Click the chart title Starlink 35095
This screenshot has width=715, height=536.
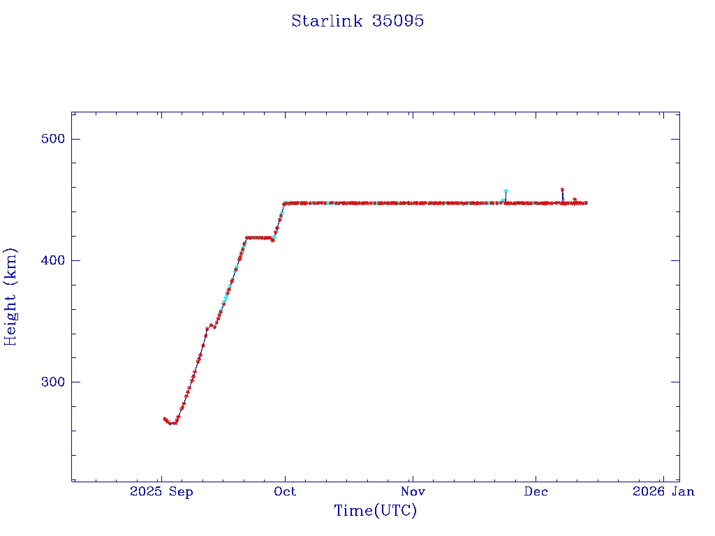[357, 21]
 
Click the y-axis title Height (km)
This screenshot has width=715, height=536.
[10, 296]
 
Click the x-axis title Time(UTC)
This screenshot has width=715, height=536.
[375, 511]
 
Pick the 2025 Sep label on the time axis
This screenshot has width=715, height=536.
[161, 491]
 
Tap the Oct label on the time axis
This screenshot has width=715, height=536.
[285, 491]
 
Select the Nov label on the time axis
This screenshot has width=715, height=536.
[413, 491]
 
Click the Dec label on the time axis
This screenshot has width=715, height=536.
[536, 491]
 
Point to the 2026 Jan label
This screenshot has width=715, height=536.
[663, 491]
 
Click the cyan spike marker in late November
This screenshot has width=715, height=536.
[506, 191]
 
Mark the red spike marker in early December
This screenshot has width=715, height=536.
[562, 190]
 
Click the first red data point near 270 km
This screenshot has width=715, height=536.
[164, 419]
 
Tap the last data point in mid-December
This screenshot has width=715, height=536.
[586, 203]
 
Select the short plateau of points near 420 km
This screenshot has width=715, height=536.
[258, 237]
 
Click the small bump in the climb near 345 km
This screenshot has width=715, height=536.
[209, 325]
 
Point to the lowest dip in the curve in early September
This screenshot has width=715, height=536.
[172, 423]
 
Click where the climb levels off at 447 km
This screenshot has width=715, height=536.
[284, 204]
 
